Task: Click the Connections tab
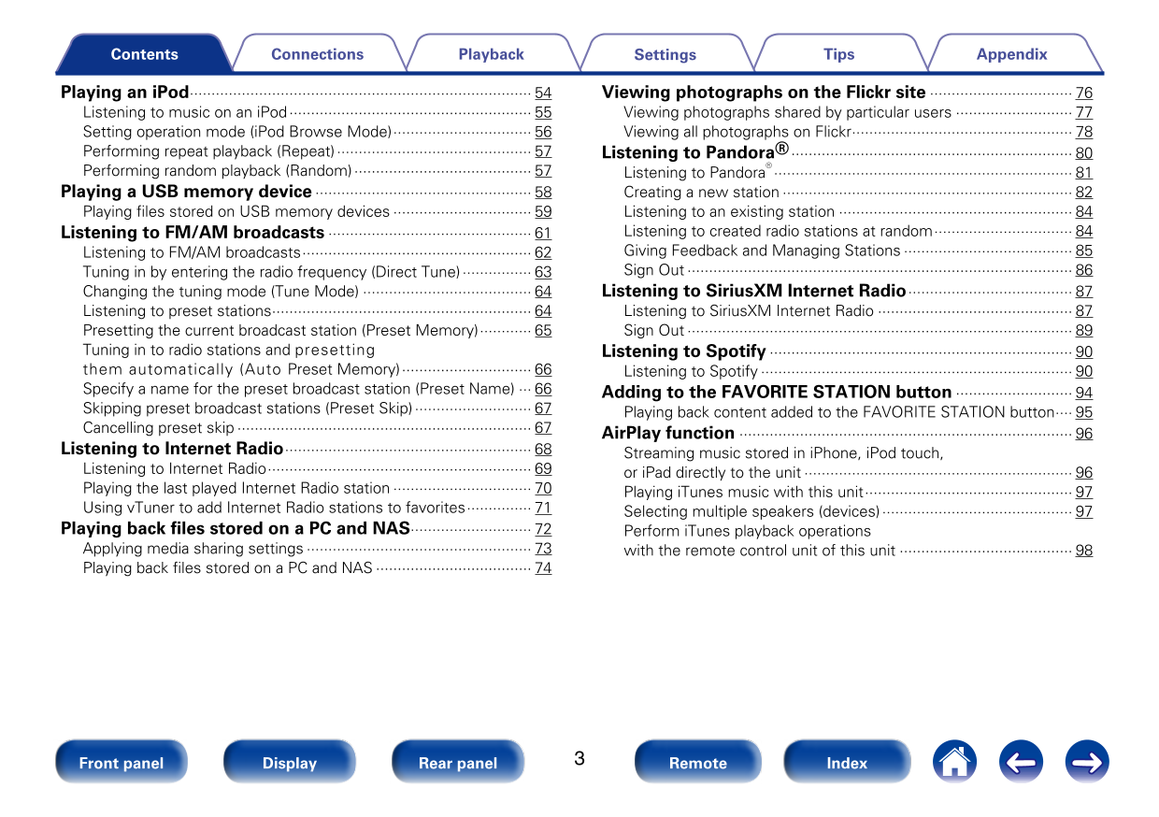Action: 317,54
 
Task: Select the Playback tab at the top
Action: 491,54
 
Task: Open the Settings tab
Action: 665,54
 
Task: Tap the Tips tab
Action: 838,54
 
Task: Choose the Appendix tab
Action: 1011,54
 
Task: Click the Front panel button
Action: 122,763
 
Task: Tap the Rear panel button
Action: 458,763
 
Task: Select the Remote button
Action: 697,763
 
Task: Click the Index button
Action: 847,763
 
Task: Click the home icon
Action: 953,762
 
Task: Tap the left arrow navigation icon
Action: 1021,762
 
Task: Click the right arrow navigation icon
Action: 1087,762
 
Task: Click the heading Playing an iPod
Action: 125,93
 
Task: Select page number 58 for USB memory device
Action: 543,193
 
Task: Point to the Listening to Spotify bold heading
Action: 683,351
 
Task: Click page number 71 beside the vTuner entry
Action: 543,509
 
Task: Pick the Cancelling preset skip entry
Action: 159,428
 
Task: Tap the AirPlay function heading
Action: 668,433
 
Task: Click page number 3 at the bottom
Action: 579,758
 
